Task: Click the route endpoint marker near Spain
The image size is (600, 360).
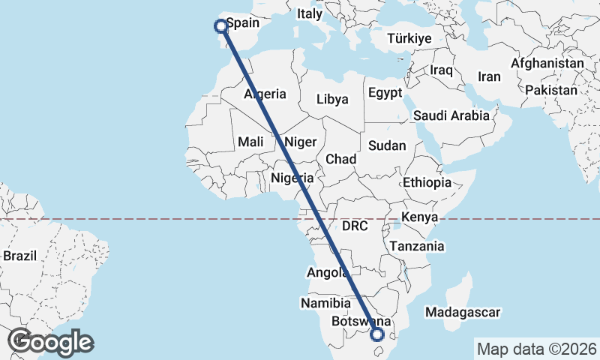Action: point(221,26)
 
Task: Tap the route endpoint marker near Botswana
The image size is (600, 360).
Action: point(377,334)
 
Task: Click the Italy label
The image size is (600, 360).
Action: point(309,13)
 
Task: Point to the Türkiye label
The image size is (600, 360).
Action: point(409,38)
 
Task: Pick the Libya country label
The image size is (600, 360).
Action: point(332,99)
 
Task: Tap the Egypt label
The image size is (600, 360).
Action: point(385,93)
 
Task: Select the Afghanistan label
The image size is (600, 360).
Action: point(547,64)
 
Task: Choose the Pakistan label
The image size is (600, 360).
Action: point(551,90)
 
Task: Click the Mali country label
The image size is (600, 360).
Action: point(250,142)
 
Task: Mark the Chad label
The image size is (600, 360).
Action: point(340,159)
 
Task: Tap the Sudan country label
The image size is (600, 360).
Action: point(387,145)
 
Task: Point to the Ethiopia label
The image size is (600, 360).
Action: point(427,182)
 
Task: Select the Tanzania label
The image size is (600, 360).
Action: point(416,246)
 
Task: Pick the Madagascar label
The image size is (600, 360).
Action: point(462,312)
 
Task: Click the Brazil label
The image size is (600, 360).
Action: point(19,255)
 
